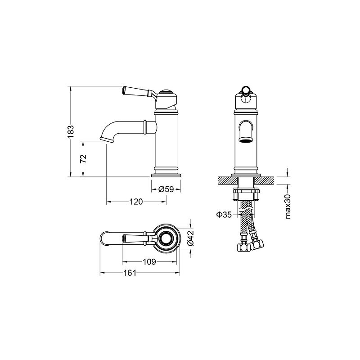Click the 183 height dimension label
(x=71, y=131)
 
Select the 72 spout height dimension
(x=83, y=158)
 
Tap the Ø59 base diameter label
(x=166, y=189)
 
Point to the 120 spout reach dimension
(x=136, y=202)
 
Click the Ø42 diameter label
(x=190, y=238)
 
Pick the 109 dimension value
(x=149, y=262)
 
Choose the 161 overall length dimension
(x=130, y=273)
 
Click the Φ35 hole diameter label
(x=224, y=215)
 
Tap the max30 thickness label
(x=288, y=207)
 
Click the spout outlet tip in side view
(x=107, y=139)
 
